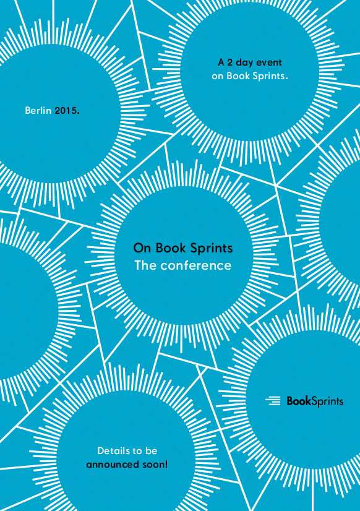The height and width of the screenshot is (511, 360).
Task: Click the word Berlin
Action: click(38, 111)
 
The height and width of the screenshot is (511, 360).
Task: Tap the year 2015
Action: click(66, 111)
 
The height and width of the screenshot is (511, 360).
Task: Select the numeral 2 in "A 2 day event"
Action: click(229, 62)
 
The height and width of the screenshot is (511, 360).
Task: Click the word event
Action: click(269, 62)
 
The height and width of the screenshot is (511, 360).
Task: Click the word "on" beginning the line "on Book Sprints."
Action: click(217, 77)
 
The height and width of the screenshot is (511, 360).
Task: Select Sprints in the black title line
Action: click(212, 249)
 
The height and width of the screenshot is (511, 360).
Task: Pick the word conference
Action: click(196, 265)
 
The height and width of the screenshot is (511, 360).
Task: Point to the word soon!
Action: click(155, 465)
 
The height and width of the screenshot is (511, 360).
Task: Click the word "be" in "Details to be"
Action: click(151, 451)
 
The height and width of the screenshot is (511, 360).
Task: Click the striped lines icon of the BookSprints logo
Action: click(273, 400)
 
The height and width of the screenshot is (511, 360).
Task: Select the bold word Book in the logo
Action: click(299, 400)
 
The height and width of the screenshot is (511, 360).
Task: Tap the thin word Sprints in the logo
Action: click(327, 401)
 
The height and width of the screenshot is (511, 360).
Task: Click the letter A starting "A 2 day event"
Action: click(221, 62)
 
